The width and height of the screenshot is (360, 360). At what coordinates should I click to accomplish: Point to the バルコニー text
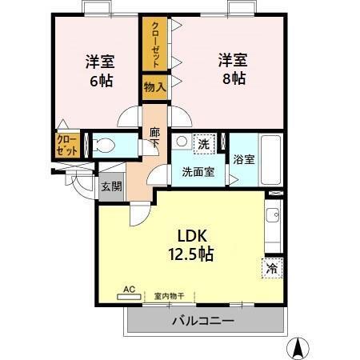202,322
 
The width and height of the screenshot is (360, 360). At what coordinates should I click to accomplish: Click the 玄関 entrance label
111,186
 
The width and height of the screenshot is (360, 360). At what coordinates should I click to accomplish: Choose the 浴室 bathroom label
244,158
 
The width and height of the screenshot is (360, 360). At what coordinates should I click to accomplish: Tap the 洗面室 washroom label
197,171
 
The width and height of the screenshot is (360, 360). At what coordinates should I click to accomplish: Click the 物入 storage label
154,86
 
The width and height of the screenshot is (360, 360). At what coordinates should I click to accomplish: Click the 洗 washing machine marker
203,144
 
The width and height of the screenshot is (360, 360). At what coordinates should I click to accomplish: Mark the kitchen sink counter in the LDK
274,227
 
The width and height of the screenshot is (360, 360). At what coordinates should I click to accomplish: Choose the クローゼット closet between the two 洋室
154,44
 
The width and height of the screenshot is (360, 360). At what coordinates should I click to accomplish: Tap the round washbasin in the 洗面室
182,142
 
